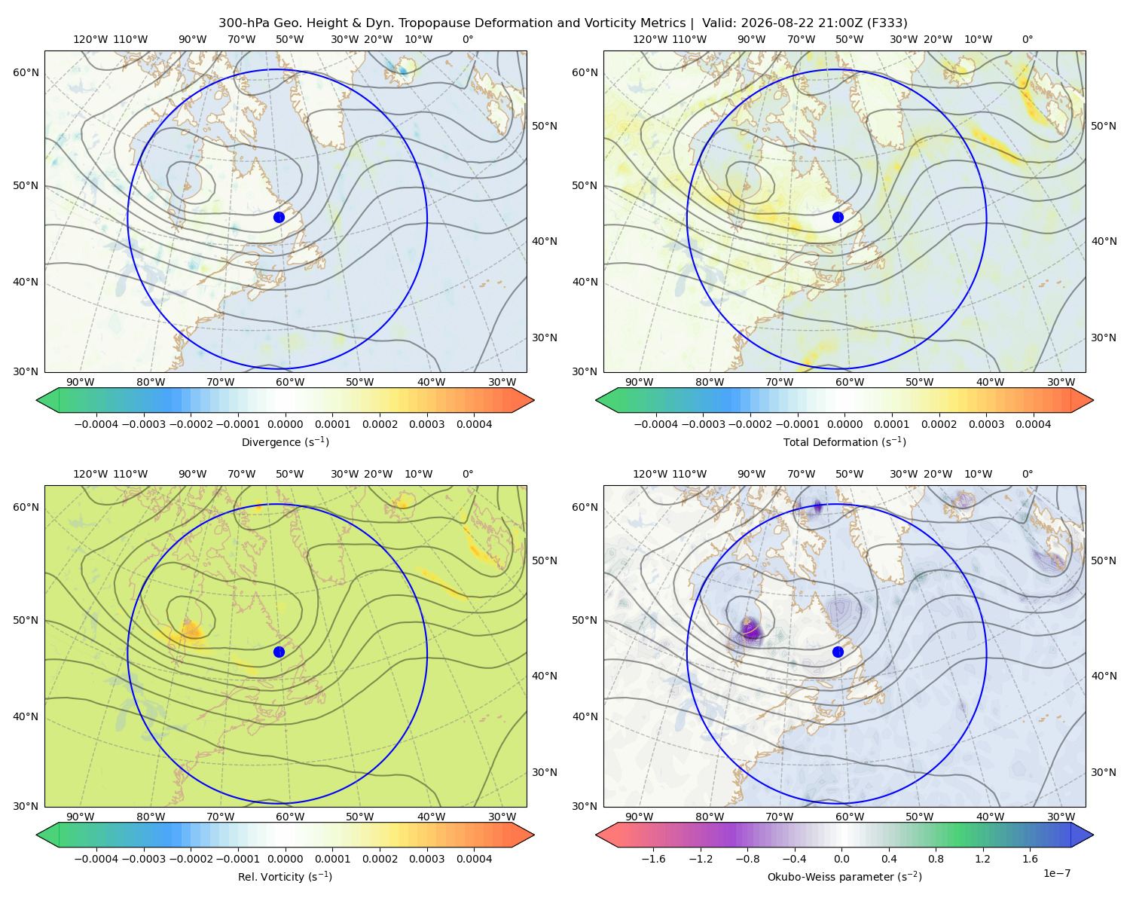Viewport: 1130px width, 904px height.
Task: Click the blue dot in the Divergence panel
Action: pyautogui.click(x=279, y=217)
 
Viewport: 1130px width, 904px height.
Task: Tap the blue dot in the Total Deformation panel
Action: pyautogui.click(x=838, y=217)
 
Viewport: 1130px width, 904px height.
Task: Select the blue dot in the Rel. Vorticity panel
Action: pyautogui.click(x=279, y=652)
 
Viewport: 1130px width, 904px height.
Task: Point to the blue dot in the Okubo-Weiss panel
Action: pyautogui.click(x=838, y=652)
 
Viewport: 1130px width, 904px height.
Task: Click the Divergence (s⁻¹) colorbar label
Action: pyautogui.click(x=285, y=441)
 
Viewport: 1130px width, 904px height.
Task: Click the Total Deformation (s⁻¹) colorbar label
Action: pyautogui.click(x=844, y=441)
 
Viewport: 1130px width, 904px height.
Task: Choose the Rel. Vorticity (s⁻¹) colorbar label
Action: pyautogui.click(x=285, y=876)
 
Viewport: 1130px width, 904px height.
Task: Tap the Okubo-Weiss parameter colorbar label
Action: pyautogui.click(x=844, y=876)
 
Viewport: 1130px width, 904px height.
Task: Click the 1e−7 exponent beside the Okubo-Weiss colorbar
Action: pyautogui.click(x=1056, y=872)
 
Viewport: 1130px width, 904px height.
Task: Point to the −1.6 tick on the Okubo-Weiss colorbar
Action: pyautogui.click(x=653, y=858)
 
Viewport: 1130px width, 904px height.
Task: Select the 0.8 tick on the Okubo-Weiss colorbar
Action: pyautogui.click(x=936, y=858)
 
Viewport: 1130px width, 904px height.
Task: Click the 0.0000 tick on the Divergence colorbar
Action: pyautogui.click(x=285, y=424)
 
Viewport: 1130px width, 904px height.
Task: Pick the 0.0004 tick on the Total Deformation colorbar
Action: pyautogui.click(x=1033, y=424)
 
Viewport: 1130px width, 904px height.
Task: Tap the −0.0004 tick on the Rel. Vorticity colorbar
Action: pyautogui.click(x=96, y=858)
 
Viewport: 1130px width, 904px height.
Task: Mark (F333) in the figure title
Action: pyautogui.click(x=887, y=23)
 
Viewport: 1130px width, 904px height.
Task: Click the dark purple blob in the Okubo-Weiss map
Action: pyautogui.click(x=751, y=629)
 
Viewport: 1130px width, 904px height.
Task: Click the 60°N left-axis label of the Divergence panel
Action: pyautogui.click(x=26, y=72)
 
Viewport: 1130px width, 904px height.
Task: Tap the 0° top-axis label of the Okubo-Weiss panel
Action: pyautogui.click(x=1027, y=474)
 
